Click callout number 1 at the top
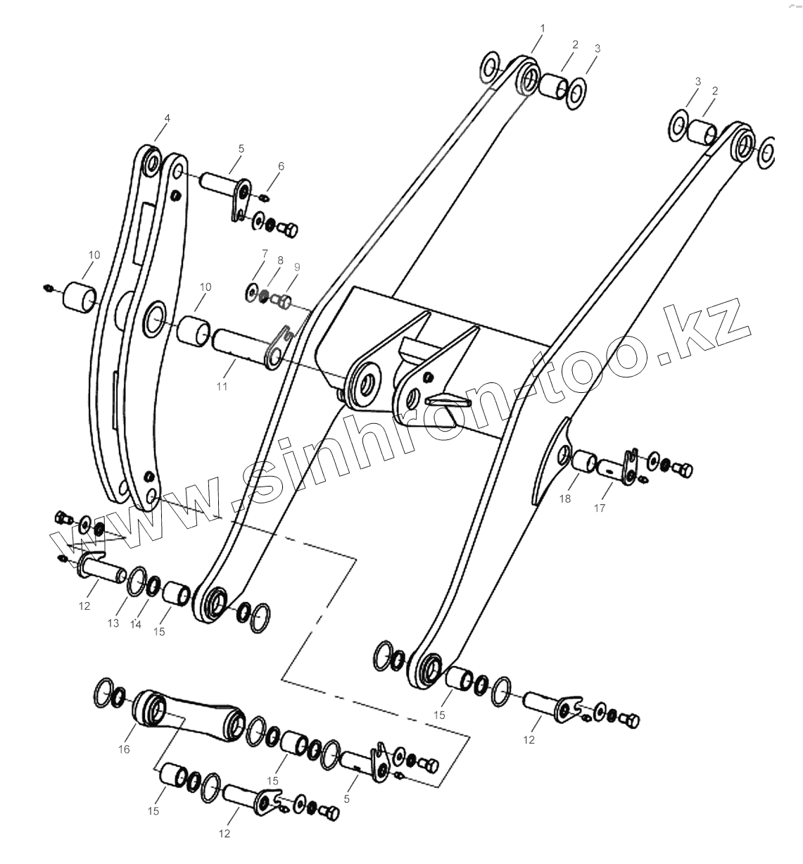542,27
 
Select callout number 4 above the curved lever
167,118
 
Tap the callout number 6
281,166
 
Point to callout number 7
265,253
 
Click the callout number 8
280,260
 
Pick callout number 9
297,267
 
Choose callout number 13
113,623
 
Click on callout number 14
136,624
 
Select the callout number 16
124,749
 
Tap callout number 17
599,507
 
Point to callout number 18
565,499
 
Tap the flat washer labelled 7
251,290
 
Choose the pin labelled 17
611,467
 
